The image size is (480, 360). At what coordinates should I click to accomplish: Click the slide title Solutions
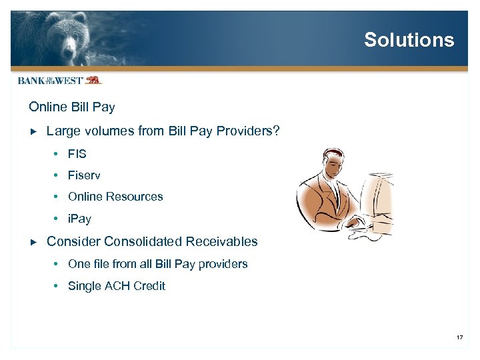pyautogui.click(x=409, y=40)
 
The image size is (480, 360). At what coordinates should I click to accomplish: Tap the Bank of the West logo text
pyautogui.click(x=50, y=81)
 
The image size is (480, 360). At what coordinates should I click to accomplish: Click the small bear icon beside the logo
pyautogui.click(x=93, y=80)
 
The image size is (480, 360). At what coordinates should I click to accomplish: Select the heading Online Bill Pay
pyautogui.click(x=72, y=107)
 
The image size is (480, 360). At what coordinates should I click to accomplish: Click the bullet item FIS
pyautogui.click(x=77, y=154)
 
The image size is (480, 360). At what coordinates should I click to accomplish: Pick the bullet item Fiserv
pyautogui.click(x=84, y=175)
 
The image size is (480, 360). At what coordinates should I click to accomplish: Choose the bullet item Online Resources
pyautogui.click(x=115, y=197)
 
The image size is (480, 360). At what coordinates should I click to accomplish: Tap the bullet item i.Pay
pyautogui.click(x=79, y=219)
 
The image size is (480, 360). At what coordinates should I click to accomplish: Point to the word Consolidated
pyautogui.click(x=143, y=241)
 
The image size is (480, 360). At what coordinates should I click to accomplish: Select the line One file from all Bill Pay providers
pyautogui.click(x=157, y=264)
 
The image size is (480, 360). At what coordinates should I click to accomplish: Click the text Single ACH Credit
pyautogui.click(x=117, y=286)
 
